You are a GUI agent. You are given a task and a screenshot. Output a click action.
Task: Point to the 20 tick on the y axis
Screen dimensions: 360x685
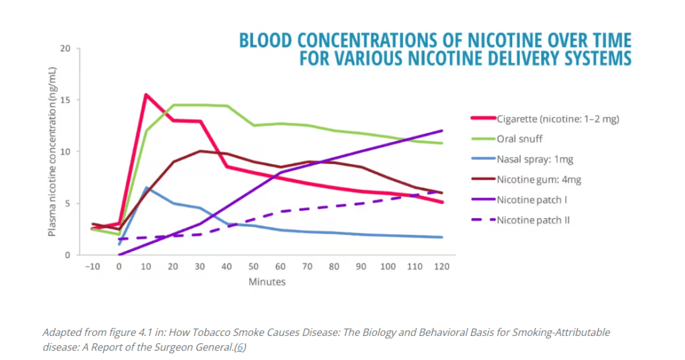(65, 49)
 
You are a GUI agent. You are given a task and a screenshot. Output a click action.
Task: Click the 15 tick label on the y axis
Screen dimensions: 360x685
(65, 100)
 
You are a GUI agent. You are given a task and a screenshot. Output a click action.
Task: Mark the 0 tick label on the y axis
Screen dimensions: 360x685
(68, 255)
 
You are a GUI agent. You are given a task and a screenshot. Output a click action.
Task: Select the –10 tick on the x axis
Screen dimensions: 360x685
(92, 267)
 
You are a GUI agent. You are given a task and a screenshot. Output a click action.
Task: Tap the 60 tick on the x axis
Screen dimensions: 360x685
(281, 267)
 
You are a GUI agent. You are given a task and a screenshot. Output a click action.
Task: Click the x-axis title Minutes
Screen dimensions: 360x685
(267, 282)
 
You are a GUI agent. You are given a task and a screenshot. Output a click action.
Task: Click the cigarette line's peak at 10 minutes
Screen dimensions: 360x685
(146, 94)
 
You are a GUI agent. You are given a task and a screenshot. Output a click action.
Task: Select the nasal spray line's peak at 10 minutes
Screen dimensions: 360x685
(146, 188)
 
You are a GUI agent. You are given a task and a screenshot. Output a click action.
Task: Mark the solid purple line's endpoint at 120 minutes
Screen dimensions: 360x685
(442, 130)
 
